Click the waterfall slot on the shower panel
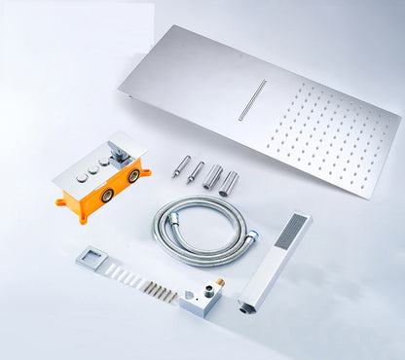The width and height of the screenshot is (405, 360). pos(252,100)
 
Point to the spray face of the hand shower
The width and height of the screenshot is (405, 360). pos(291,230)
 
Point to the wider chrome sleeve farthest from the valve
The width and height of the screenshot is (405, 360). pos(229,184)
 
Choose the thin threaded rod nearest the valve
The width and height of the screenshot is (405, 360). pos(181,165)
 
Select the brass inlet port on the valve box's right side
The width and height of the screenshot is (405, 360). pos(132,177)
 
